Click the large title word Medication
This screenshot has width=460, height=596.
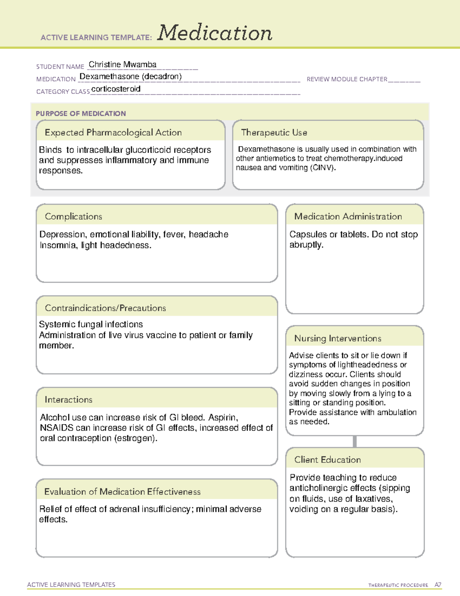[x=214, y=33]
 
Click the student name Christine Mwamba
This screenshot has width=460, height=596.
[x=122, y=64]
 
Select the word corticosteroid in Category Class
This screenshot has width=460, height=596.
[x=116, y=89]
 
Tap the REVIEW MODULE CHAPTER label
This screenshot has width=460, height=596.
[x=347, y=79]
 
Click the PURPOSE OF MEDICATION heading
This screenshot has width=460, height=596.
[x=80, y=114]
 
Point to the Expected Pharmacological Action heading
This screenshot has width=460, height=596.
[x=113, y=133]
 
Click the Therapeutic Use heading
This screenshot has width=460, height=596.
[x=274, y=133]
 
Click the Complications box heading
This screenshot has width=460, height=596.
[x=73, y=216]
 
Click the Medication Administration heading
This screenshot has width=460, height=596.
[x=348, y=216]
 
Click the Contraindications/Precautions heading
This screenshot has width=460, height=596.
[x=105, y=308]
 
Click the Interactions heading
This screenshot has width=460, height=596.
[x=68, y=400]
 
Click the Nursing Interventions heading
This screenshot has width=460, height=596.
[x=337, y=338]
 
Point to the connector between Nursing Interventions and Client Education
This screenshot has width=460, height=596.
[x=355, y=441]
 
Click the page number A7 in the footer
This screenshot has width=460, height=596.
[x=437, y=585]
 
